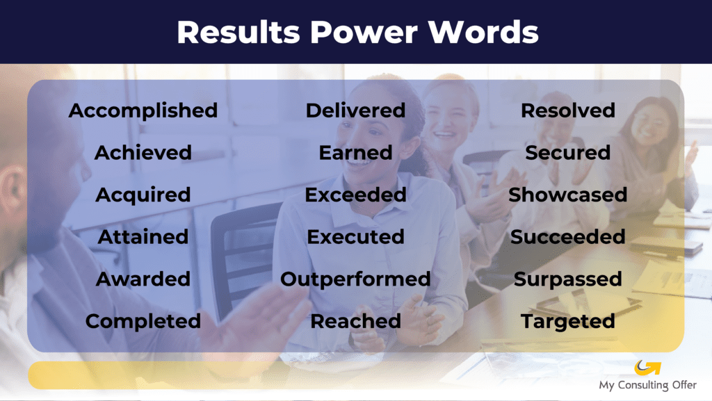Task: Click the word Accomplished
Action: coord(143,111)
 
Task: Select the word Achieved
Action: coord(143,152)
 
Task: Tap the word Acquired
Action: coord(143,195)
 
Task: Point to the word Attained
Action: coord(143,237)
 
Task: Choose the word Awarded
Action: coord(143,279)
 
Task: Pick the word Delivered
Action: coord(355,111)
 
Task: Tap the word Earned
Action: coord(355,152)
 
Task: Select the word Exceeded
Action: coord(355,195)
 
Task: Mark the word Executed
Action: coord(355,237)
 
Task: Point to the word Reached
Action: coord(355,321)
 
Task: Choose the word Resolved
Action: coord(568,111)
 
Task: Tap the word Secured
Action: coord(568,152)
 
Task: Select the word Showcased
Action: coord(568,195)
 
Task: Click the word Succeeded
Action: coord(568,237)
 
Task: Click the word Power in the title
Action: coord(364,32)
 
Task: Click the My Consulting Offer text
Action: coord(647,385)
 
